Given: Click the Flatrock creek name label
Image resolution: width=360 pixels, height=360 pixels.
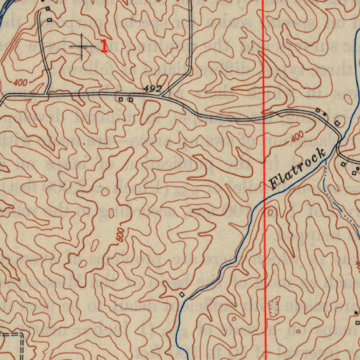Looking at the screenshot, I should [297, 169].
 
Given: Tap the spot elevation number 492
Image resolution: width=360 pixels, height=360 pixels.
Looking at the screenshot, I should [153, 89].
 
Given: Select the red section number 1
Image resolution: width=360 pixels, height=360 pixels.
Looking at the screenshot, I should [104, 46].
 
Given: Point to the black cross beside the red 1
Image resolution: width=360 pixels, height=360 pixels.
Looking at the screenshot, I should [82, 46].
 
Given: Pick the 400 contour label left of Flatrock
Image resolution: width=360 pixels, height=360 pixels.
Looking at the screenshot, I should [297, 137].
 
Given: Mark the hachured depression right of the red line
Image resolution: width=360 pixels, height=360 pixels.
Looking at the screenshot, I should [274, 306].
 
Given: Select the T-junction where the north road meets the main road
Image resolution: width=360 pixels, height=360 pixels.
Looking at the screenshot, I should [47, 94].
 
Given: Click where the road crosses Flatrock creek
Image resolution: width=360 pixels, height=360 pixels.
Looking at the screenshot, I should [339, 142].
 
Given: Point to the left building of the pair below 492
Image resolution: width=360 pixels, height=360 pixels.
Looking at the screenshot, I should [121, 100].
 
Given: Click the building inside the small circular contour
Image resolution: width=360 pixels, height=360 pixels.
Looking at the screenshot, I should [337, 123].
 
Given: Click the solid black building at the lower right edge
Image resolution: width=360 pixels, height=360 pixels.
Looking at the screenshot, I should [356, 312].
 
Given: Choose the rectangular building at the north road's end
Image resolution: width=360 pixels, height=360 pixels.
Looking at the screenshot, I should [50, 20].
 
